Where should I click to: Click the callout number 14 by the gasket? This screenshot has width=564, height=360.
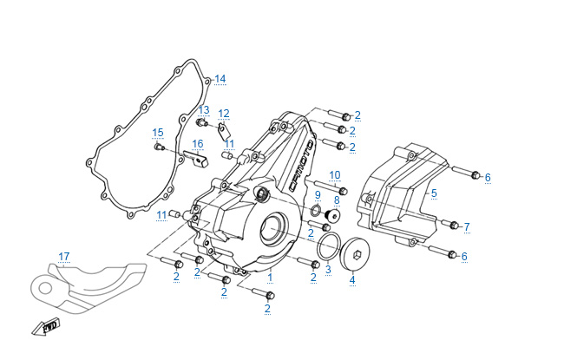tap(220, 80)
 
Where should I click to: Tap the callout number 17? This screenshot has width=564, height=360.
tap(63, 257)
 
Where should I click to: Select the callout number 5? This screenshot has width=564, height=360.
tap(434, 193)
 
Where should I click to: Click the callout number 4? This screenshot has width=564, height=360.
tap(352, 280)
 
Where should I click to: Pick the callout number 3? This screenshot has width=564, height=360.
tap(328, 270)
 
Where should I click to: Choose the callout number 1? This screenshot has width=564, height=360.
tap(270, 278)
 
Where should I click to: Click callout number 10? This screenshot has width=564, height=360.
tap(334, 175)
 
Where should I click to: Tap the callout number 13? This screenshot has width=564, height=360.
tap(204, 110)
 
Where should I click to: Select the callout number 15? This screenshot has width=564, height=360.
tap(158, 133)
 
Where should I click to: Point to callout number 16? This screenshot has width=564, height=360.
tap(198, 144)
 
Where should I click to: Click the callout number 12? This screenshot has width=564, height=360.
tap(224, 114)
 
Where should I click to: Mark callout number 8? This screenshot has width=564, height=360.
tap(337, 200)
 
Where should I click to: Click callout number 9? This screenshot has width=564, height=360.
tap(318, 194)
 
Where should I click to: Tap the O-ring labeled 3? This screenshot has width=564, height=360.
tap(328, 246)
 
